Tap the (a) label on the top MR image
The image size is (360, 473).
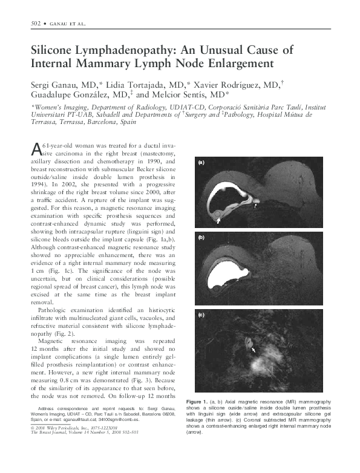201,162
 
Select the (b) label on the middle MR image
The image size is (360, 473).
201,238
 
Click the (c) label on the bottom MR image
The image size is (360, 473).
201,315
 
